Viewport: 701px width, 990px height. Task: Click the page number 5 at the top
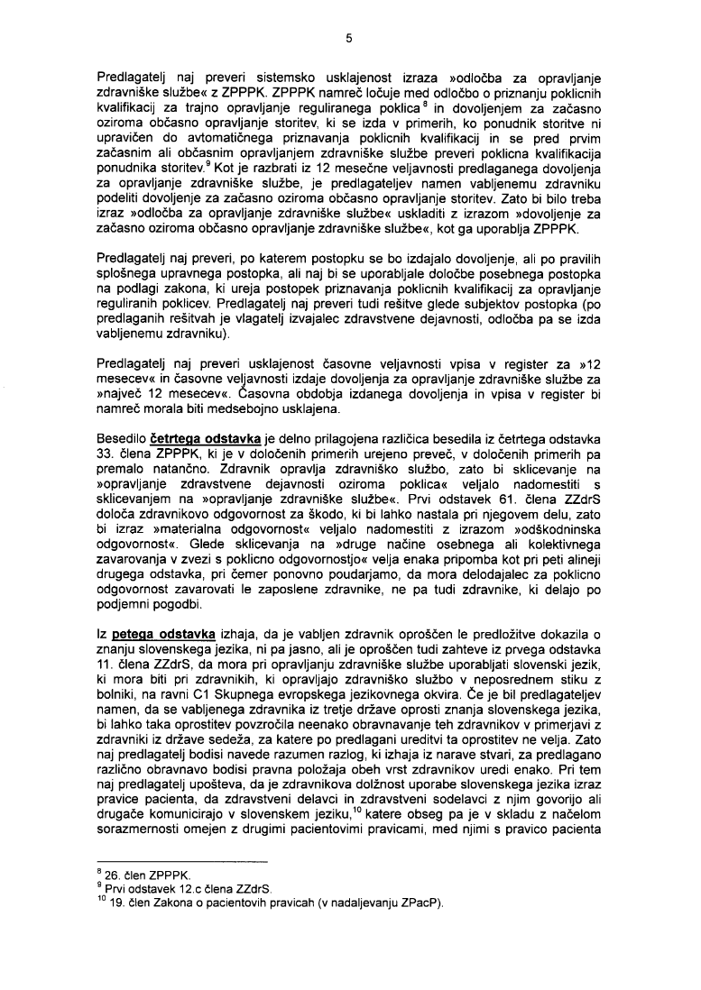pyautogui.click(x=348, y=38)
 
